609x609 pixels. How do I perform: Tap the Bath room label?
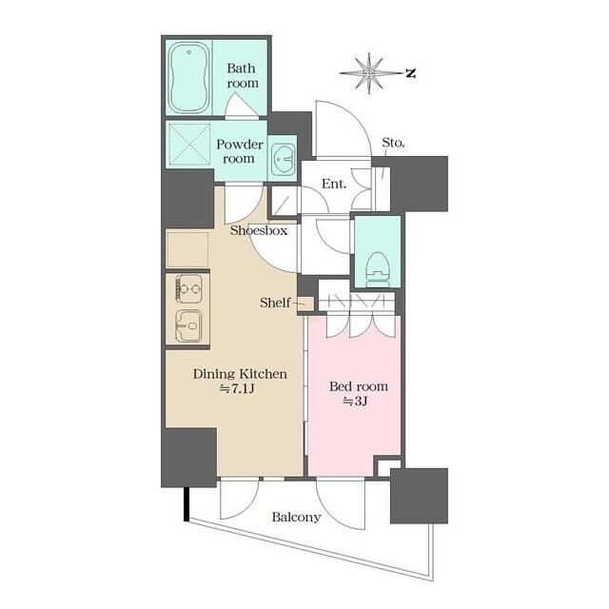(x=242, y=75)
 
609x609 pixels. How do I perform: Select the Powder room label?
(x=239, y=151)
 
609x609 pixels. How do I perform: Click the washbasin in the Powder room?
(x=283, y=159)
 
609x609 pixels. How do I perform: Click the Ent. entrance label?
(x=333, y=183)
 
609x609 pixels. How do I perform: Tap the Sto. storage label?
(x=393, y=144)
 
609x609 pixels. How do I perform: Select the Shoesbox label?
(x=259, y=230)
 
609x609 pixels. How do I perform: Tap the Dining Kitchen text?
(x=240, y=374)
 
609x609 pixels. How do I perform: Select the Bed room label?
(x=359, y=387)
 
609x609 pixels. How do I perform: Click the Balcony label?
(x=296, y=518)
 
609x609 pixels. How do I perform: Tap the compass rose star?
(x=368, y=72)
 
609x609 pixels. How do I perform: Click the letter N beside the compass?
(x=409, y=72)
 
